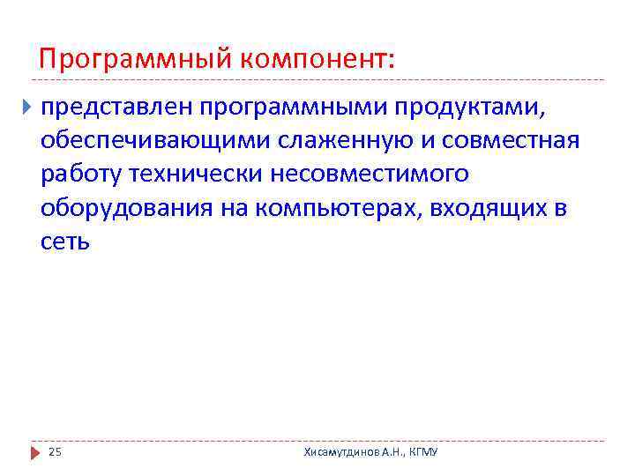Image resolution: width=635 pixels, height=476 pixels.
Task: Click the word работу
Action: point(80,174)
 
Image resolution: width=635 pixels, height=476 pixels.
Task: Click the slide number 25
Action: point(55,452)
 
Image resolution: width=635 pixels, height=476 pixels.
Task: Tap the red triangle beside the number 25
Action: point(35,452)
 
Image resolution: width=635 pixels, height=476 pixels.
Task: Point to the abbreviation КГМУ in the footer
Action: point(423,452)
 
